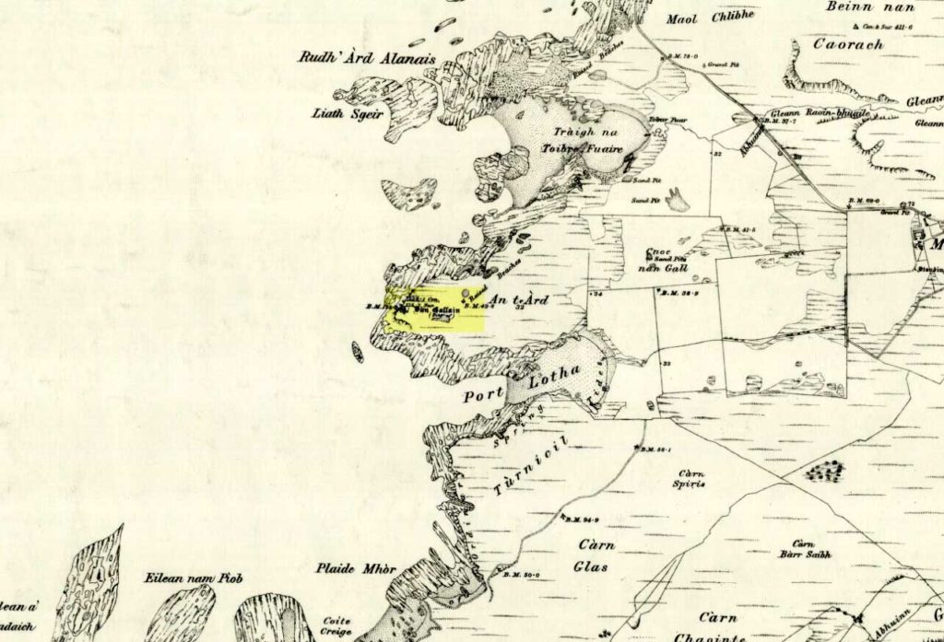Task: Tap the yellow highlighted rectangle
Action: (x=435, y=309)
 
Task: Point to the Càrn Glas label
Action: (x=591, y=554)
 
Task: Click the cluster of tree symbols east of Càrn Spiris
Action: (x=826, y=472)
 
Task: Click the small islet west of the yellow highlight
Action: (x=358, y=351)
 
